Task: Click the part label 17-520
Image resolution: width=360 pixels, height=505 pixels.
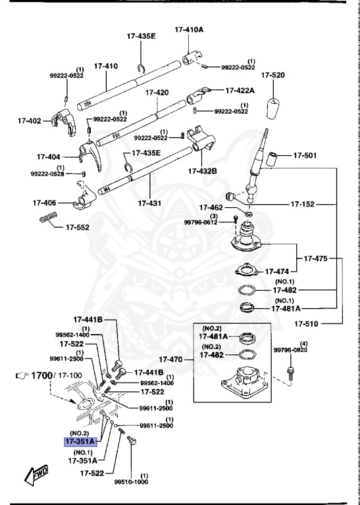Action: pyautogui.click(x=272, y=76)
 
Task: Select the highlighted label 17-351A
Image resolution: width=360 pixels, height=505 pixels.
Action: pyautogui.click(x=80, y=442)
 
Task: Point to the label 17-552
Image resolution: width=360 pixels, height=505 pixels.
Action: pyautogui.click(x=78, y=228)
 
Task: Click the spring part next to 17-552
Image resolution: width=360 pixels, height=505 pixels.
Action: pyautogui.click(x=49, y=220)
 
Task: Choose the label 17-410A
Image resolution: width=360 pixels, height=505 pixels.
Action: pyautogui.click(x=189, y=30)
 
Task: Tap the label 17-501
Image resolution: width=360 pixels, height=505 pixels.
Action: pyautogui.click(x=305, y=156)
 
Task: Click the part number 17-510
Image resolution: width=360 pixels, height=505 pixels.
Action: pyautogui.click(x=307, y=324)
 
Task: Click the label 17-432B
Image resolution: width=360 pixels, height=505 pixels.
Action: pyautogui.click(x=203, y=170)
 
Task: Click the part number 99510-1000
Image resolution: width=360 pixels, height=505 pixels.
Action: pyautogui.click(x=130, y=481)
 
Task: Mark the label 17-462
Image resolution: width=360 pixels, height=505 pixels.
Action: pyautogui.click(x=213, y=207)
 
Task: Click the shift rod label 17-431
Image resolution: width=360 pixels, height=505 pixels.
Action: pyautogui.click(x=151, y=203)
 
